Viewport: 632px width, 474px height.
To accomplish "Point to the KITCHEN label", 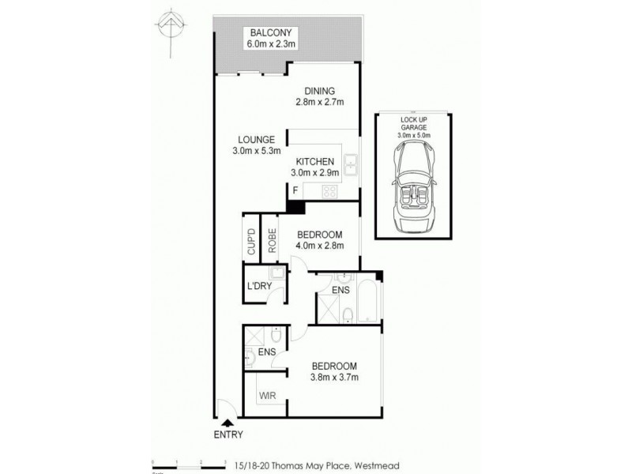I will click(315, 161).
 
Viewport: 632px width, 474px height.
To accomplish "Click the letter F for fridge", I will click(295, 190).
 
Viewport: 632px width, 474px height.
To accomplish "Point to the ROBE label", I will click(271, 240).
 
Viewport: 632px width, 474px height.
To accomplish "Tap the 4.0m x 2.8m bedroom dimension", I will click(319, 246).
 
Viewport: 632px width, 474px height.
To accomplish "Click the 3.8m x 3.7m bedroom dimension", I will click(335, 378).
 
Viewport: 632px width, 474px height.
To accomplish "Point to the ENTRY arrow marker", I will click(228, 423).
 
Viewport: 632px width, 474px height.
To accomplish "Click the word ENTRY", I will click(228, 435).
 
